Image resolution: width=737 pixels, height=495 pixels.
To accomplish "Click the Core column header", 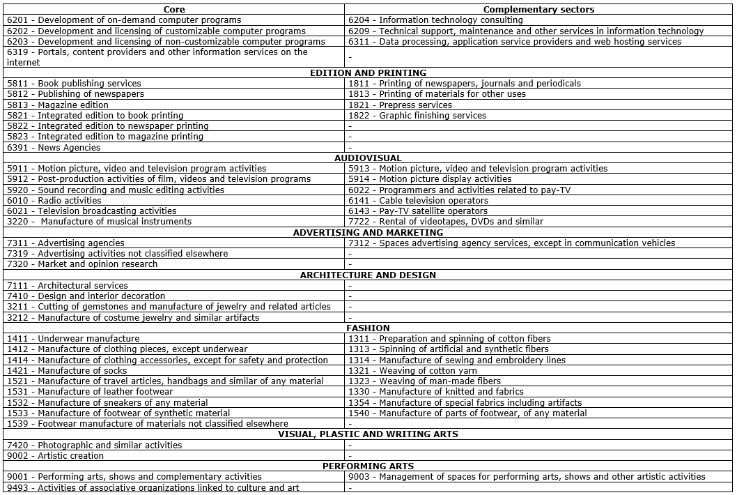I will pyautogui.click(x=174, y=9).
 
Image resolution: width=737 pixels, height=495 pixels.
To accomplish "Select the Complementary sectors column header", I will pyautogui.click(x=538, y=9).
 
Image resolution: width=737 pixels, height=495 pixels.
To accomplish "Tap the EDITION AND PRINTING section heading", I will pyautogui.click(x=368, y=73).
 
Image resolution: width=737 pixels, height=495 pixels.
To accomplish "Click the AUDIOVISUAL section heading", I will pyautogui.click(x=368, y=158).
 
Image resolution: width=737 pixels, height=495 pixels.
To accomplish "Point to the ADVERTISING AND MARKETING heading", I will pyautogui.click(x=368, y=232).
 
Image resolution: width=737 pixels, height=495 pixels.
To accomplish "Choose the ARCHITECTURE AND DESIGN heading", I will pyautogui.click(x=368, y=275).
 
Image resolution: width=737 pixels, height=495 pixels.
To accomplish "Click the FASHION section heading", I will pyautogui.click(x=368, y=328).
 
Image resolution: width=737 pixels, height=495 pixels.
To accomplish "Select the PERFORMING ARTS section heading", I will pyautogui.click(x=368, y=466).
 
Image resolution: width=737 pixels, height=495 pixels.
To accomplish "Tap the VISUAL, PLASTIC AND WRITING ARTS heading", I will pyautogui.click(x=368, y=434).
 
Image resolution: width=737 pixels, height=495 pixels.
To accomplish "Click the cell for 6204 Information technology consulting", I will pyautogui.click(x=435, y=20).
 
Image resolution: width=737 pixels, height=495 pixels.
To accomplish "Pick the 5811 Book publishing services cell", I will pyautogui.click(x=74, y=83).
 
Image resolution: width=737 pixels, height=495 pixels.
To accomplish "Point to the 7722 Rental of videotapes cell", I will pyautogui.click(x=446, y=221).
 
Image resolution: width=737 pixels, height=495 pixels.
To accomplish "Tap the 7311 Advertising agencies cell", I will pyautogui.click(x=65, y=243).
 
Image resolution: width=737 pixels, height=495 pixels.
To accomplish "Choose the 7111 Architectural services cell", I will pyautogui.click(x=68, y=285).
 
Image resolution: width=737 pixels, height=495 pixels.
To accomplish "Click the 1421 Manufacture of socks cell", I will pyautogui.click(x=67, y=370).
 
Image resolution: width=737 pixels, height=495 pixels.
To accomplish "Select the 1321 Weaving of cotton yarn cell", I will pyautogui.click(x=412, y=370).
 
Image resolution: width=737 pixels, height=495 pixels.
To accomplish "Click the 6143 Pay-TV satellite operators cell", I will pyautogui.click(x=418, y=211).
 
